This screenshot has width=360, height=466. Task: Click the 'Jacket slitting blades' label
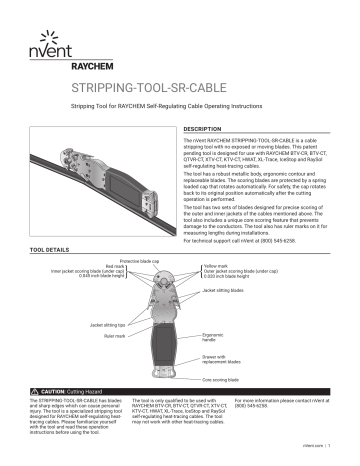222,289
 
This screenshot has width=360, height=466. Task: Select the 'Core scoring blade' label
220,380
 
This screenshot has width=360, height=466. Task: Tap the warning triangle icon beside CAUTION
36,392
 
